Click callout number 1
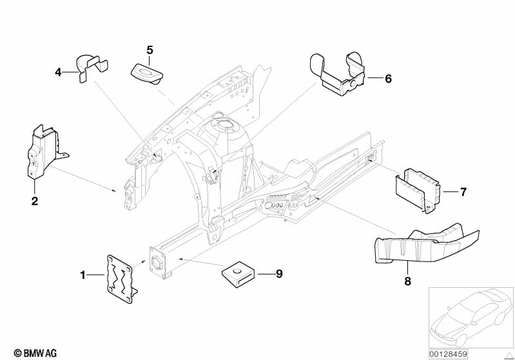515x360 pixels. coord(83,275)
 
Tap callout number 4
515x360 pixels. coord(57,72)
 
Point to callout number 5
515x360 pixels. coord(150,50)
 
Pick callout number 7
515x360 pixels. coord(462,192)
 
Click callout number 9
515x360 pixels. coord(279,274)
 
